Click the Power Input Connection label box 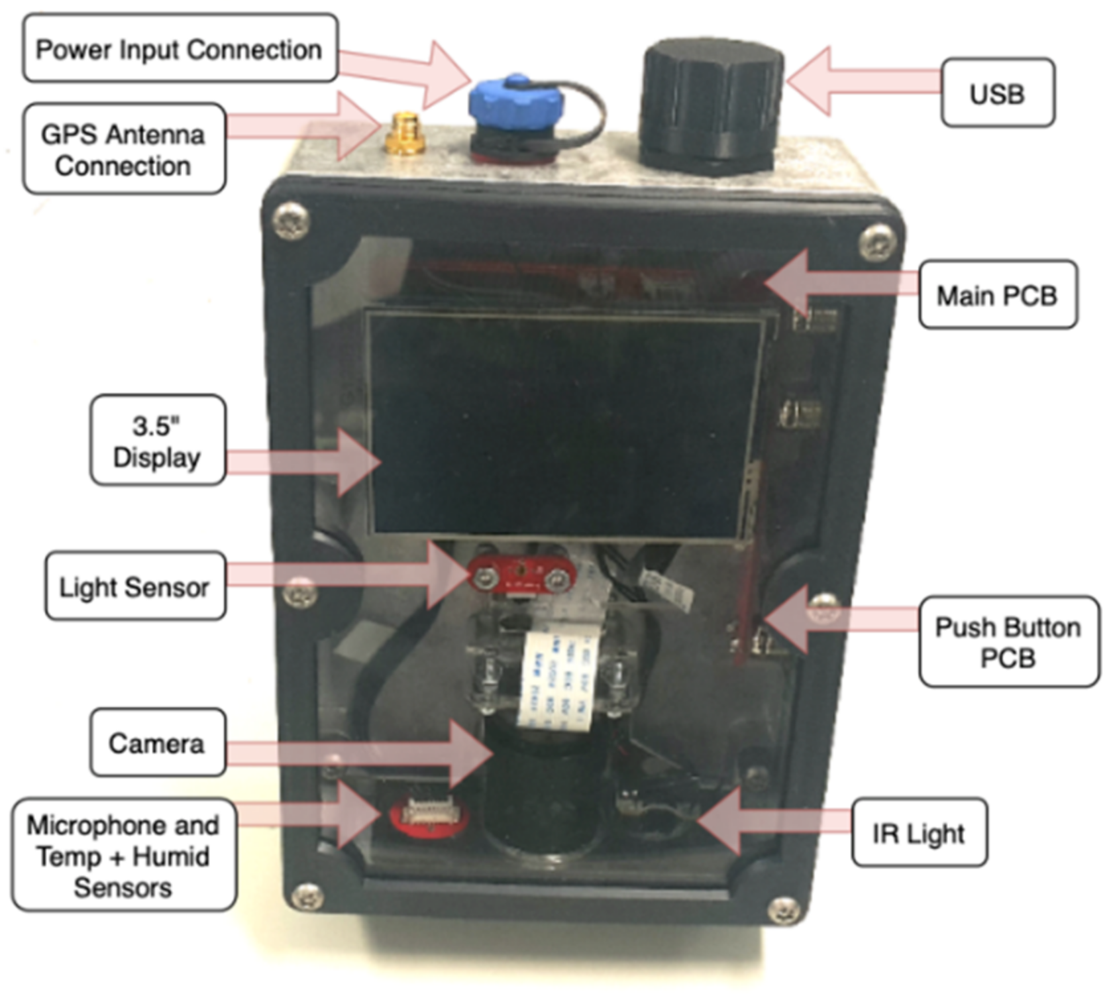tap(180, 49)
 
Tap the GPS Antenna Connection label tap(124, 150)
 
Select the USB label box tap(997, 93)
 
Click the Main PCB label tap(997, 295)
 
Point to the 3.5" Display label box tap(157, 441)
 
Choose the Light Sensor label tap(134, 586)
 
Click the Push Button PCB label tap(1008, 641)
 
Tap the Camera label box tap(157, 743)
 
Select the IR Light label tap(918, 833)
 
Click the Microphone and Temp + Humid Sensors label tap(123, 856)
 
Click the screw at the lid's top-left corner tap(291, 219)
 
